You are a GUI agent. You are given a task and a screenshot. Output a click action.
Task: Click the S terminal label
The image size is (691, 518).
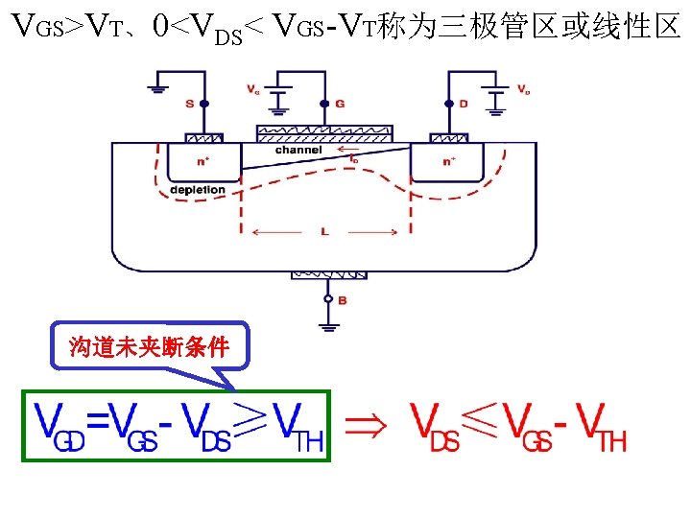tap(190, 103)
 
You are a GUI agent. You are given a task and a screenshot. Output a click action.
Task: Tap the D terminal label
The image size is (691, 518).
tap(463, 103)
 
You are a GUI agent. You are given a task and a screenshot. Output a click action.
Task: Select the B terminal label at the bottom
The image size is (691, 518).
tap(343, 301)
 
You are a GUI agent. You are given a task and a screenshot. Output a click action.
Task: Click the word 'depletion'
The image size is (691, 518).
tap(197, 190)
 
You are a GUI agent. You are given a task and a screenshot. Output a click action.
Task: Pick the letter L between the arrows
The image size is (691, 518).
tap(326, 231)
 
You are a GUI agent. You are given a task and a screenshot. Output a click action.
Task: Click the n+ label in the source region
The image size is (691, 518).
tap(202, 161)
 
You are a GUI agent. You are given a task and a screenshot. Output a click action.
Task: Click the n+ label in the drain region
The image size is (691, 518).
tap(448, 161)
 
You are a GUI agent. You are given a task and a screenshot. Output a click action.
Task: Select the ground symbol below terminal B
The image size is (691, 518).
tap(327, 327)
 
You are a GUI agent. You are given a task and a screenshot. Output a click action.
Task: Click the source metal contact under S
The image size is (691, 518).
tap(203, 138)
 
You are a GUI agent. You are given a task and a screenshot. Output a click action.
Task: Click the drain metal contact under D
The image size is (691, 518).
tap(448, 138)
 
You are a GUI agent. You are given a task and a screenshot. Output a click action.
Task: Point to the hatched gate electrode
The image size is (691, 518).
tap(323, 131)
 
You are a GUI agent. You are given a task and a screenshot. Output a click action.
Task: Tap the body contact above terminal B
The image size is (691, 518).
tap(327, 274)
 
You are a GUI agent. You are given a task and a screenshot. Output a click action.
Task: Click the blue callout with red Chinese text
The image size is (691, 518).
tap(149, 347)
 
